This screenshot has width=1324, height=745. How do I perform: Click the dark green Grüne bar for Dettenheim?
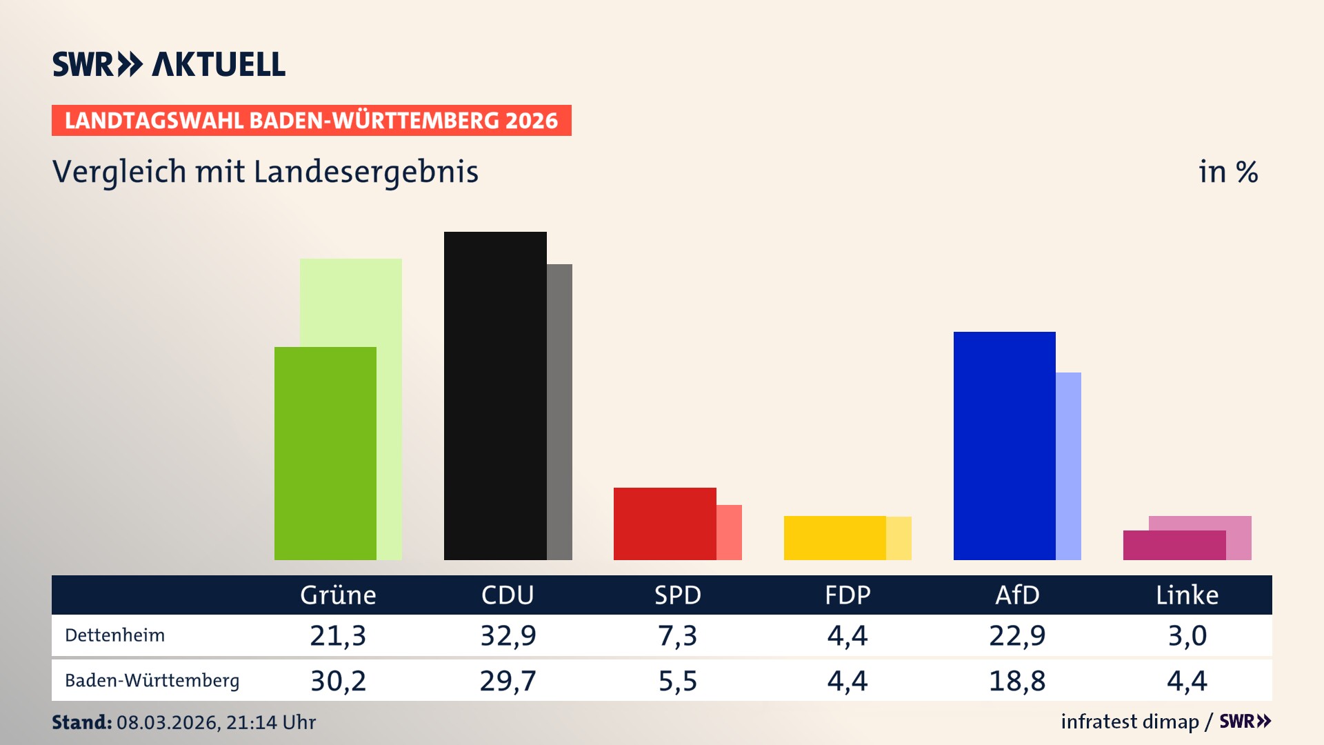tap(325, 453)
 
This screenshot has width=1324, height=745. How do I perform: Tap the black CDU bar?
tap(495, 395)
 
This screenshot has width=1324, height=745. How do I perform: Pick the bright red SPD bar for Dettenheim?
tap(665, 524)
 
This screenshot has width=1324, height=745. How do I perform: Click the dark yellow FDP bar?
tap(834, 538)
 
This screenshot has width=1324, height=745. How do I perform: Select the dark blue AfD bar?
tap(1004, 446)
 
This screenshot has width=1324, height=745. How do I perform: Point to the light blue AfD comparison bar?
tap(1068, 466)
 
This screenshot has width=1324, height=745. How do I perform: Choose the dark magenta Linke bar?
tap(1174, 545)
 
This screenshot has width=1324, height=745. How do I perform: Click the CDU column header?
tap(508, 595)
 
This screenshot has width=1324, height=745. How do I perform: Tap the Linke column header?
tap(1187, 595)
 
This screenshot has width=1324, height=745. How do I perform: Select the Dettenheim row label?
tap(115, 635)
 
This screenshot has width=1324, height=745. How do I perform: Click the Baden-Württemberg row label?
tap(152, 681)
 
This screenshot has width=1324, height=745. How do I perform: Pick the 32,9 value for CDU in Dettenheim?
tap(508, 635)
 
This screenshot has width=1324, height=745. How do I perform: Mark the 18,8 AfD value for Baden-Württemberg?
tap(1017, 681)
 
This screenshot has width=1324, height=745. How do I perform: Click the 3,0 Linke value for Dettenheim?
tap(1187, 635)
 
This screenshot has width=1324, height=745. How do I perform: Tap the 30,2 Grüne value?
tap(338, 681)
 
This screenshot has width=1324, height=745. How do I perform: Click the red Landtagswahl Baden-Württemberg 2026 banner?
tap(311, 121)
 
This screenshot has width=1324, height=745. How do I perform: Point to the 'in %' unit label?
tap(1228, 172)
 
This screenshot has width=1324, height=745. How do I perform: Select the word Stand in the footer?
tap(81, 722)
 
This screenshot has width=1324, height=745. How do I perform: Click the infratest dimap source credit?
tap(1130, 722)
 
